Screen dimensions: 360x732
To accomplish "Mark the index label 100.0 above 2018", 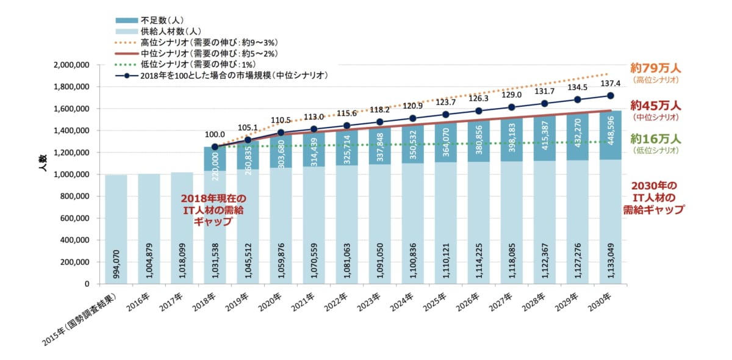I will [215, 134].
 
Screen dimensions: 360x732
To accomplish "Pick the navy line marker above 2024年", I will [412, 118].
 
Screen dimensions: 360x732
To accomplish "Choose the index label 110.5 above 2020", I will [281, 121].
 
